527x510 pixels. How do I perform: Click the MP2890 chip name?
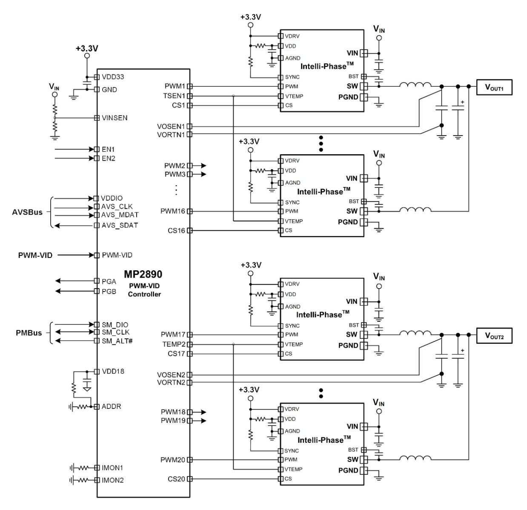(x=143, y=274)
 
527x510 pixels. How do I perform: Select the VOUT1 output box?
(x=494, y=87)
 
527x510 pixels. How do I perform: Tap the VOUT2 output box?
(x=494, y=336)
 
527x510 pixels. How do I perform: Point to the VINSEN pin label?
(x=115, y=118)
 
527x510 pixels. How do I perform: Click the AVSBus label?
(x=27, y=212)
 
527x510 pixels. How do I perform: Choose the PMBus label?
(x=29, y=333)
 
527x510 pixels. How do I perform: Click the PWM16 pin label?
(x=173, y=211)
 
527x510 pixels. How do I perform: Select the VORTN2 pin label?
(x=171, y=382)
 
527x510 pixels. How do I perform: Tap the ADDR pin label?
(x=111, y=406)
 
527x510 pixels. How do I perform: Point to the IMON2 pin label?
(x=113, y=480)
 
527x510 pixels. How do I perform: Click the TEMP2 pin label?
(x=174, y=344)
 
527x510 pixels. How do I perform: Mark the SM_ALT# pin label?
(x=117, y=341)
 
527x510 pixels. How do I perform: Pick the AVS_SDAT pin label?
(x=120, y=225)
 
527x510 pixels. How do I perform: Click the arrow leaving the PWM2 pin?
(x=200, y=165)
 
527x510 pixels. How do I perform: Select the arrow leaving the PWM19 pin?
(x=200, y=420)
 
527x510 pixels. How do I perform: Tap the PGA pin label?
(x=109, y=281)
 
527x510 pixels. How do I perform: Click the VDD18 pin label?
(x=113, y=371)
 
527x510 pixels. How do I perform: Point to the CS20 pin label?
(x=176, y=479)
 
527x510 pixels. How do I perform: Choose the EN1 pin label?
(x=108, y=149)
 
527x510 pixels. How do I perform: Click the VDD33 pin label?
(x=113, y=77)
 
